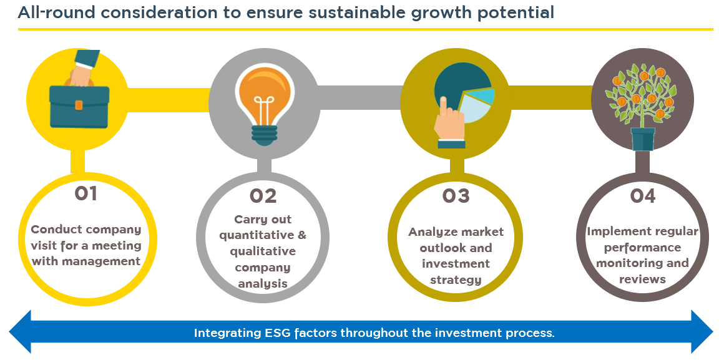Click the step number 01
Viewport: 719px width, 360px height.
click(86, 193)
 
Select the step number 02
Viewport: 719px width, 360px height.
click(263, 197)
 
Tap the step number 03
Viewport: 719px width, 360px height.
click(456, 197)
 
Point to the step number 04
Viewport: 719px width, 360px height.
click(642, 197)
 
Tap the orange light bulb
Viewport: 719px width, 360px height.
click(265, 96)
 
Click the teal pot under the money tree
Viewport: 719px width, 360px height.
click(642, 139)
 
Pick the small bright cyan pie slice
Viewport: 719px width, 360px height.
click(483, 97)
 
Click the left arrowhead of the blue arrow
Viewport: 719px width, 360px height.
click(20, 331)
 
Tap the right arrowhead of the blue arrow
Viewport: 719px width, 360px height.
click(702, 331)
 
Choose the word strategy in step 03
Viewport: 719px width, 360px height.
click(456, 280)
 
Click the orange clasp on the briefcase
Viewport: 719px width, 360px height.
click(79, 105)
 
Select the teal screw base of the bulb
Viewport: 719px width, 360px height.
click(264, 135)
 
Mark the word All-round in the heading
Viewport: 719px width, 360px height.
click(56, 12)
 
